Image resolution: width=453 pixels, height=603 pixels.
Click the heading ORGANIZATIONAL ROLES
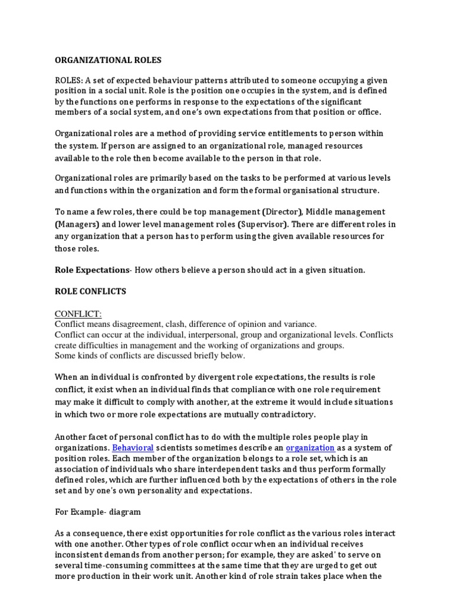[x=107, y=60]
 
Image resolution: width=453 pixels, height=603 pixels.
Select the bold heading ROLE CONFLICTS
[x=90, y=291]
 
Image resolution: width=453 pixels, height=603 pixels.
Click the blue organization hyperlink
[x=310, y=448]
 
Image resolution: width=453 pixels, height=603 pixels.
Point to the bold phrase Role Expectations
[x=91, y=270]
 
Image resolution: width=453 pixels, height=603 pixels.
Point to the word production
[x=104, y=577]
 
